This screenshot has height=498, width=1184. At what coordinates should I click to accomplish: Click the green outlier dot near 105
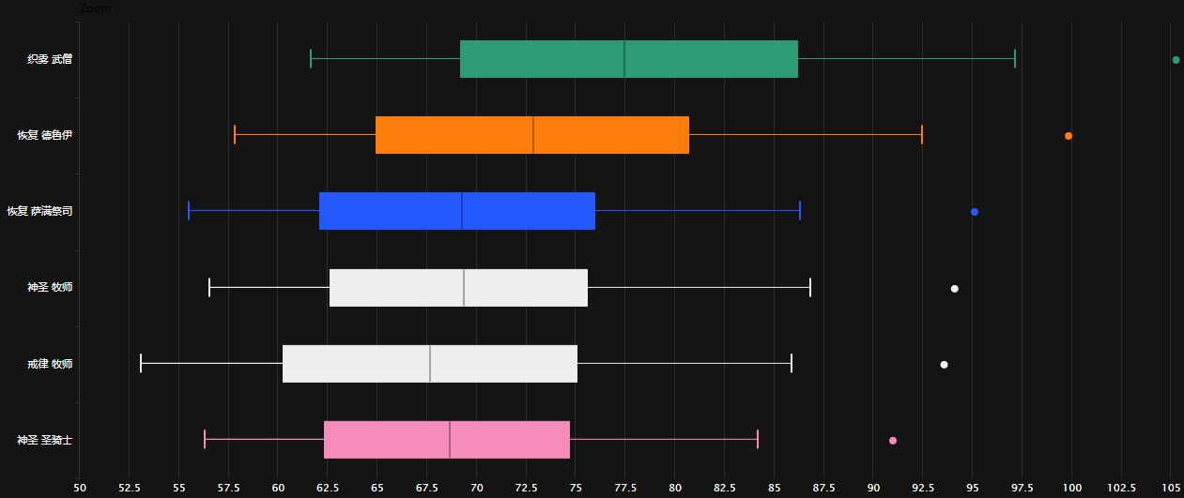pyautogui.click(x=1176, y=60)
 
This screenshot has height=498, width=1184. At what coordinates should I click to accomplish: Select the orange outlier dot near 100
pyautogui.click(x=1069, y=136)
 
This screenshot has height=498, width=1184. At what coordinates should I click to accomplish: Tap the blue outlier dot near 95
pyautogui.click(x=975, y=212)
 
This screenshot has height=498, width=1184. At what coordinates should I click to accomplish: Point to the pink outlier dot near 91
pyautogui.click(x=893, y=441)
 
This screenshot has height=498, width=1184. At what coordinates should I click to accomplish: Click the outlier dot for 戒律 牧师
pyautogui.click(x=944, y=365)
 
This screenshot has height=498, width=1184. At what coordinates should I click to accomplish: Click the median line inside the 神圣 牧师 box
pyautogui.click(x=464, y=287)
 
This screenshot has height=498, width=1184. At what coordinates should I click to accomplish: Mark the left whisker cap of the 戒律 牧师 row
pyautogui.click(x=141, y=363)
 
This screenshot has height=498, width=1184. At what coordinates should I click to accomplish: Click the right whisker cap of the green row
pyautogui.click(x=1015, y=59)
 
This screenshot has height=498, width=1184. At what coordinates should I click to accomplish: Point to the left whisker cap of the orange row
pyautogui.click(x=235, y=135)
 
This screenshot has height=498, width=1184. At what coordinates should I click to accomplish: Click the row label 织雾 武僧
pyautogui.click(x=50, y=59)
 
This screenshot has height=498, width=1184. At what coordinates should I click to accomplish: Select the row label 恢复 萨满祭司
pyautogui.click(x=38, y=211)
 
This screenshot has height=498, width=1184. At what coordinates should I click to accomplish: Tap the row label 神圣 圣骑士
pyautogui.click(x=44, y=440)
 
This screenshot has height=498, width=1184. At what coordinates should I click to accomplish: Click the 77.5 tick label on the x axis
pyautogui.click(x=625, y=488)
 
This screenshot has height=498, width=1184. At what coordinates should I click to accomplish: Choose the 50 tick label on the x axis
pyautogui.click(x=79, y=488)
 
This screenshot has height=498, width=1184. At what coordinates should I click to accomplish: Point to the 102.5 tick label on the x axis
pyautogui.click(x=1121, y=488)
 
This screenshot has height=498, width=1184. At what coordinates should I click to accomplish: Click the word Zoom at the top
pyautogui.click(x=95, y=8)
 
